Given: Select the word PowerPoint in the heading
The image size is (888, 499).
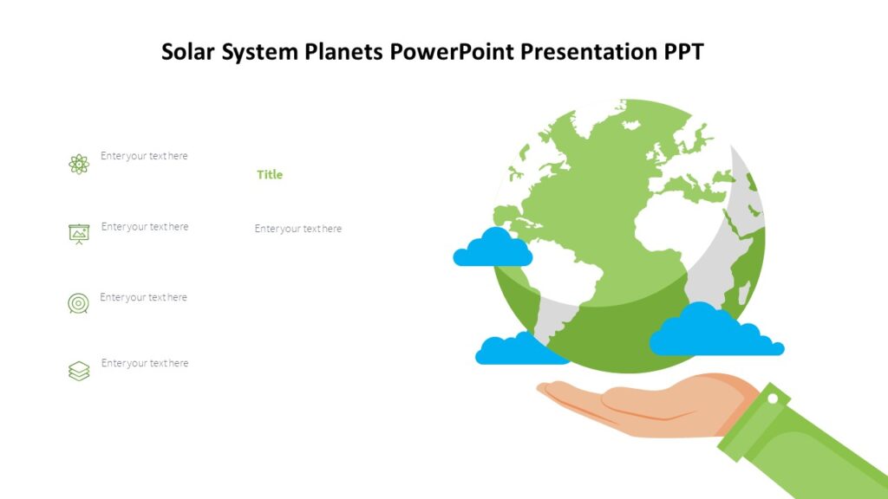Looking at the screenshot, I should pos(451,52).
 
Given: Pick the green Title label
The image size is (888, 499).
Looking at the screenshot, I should pos(270,175).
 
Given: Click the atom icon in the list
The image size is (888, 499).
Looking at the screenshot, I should pos(79,164).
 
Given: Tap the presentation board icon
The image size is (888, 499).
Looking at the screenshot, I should pos(79,233).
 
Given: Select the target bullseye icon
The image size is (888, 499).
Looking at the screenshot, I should pos(78,303).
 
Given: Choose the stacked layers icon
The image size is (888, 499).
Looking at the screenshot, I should pos(79,371).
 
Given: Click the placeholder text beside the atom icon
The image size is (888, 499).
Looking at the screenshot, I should pos(144,156).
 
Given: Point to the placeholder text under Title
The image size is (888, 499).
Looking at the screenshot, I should pos(297,229).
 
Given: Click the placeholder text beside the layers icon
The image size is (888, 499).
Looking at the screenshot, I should pos(144,363).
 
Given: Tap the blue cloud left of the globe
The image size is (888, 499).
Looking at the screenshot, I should pos(493,249).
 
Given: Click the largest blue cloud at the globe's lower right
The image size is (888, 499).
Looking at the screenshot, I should pos(711,334).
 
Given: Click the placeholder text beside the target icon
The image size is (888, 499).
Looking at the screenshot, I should pos(143,297).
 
